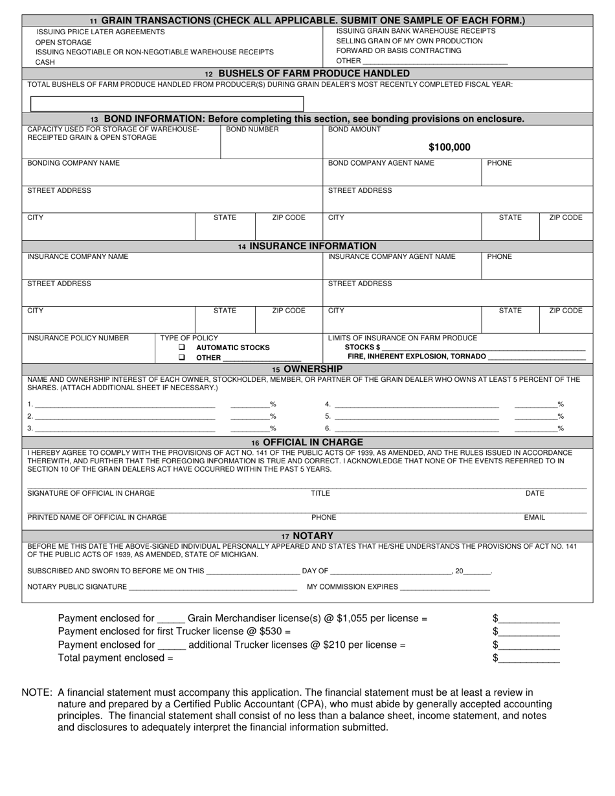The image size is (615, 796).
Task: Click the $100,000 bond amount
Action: pyautogui.click(x=449, y=148)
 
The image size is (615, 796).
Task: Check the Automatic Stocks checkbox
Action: pyautogui.click(x=182, y=348)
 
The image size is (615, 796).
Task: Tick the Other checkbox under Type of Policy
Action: pyautogui.click(x=182, y=357)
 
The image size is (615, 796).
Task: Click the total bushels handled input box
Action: pyautogui.click(x=167, y=104)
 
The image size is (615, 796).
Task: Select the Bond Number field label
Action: pyautogui.click(x=252, y=129)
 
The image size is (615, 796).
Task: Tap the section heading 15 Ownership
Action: pyautogui.click(x=307, y=369)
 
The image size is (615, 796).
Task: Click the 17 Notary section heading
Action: pyautogui.click(x=307, y=536)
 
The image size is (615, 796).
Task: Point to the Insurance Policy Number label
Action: pyautogui.click(x=78, y=338)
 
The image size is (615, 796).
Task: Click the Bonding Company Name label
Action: pyautogui.click(x=73, y=163)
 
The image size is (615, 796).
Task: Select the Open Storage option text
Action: pyautogui.click(x=63, y=42)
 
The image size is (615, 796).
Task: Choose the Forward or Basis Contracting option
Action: pyautogui.click(x=399, y=50)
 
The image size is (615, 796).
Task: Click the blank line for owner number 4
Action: pyautogui.click(x=417, y=404)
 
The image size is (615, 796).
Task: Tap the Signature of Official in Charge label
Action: pyautogui.click(x=91, y=493)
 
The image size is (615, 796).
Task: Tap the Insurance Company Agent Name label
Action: pyautogui.click(x=392, y=256)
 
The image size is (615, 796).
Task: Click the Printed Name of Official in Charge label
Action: pyautogui.click(x=96, y=517)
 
